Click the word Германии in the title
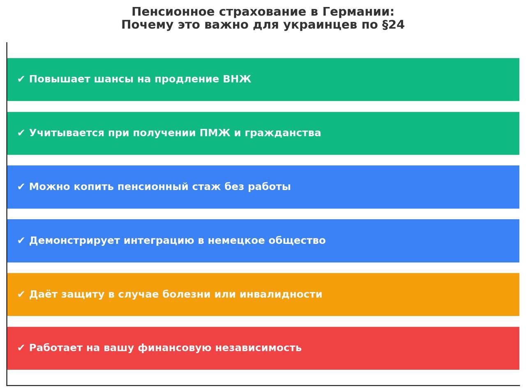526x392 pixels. (358, 12)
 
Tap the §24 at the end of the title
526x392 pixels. (393, 25)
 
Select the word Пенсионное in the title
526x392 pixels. (173, 12)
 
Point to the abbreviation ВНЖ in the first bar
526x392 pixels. (237, 79)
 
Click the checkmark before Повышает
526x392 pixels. (21, 79)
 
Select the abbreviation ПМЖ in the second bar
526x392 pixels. (215, 133)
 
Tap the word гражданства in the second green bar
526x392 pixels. (283, 133)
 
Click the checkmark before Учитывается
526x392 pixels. (21, 133)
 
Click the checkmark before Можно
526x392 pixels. (21, 187)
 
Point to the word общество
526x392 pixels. (297, 241)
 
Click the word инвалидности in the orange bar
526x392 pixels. (281, 294)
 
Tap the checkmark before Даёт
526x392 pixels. (21, 294)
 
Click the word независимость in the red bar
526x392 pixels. (258, 348)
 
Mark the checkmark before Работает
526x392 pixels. (21, 348)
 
